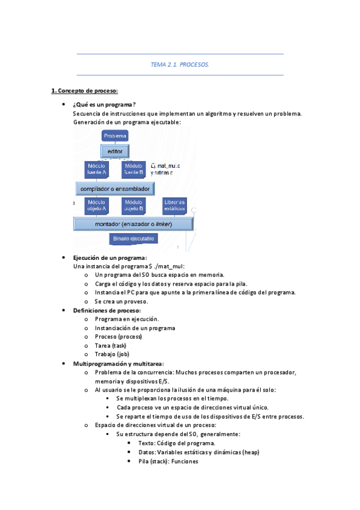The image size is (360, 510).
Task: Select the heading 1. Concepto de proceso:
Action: [x=84, y=91]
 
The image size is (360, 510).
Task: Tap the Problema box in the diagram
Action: [x=115, y=137]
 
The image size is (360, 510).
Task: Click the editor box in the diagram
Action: [x=114, y=152]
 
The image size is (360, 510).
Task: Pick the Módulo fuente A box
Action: [x=96, y=169]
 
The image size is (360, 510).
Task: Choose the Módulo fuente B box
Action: [x=133, y=169]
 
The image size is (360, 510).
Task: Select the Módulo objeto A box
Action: [x=96, y=206]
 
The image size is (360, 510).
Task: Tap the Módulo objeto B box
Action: [x=133, y=206]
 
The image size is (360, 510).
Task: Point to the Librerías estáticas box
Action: [x=174, y=206]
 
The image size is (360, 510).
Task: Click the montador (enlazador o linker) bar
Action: [x=133, y=224]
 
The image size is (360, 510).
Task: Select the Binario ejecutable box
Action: [x=134, y=239]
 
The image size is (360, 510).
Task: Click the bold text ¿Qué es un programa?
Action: [x=104, y=105]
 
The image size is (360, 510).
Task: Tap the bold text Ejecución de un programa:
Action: [x=109, y=257]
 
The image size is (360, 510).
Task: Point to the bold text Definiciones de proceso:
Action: [x=107, y=310]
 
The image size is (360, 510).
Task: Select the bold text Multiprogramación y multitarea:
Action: [x=118, y=364]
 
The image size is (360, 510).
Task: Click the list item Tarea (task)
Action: [x=111, y=346]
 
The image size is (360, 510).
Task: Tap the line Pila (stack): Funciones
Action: [x=168, y=461]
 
